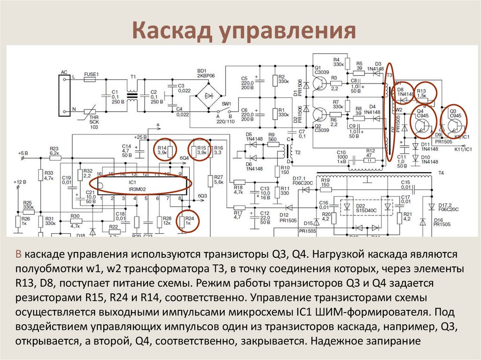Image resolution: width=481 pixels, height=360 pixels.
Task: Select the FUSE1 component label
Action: (x=91, y=74)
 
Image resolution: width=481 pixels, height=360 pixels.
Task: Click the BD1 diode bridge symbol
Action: (x=206, y=94)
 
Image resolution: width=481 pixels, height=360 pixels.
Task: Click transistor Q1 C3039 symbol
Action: (x=320, y=83)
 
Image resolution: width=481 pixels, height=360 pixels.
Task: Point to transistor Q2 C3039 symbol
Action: (x=320, y=115)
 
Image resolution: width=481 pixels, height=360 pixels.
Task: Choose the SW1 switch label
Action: (x=227, y=103)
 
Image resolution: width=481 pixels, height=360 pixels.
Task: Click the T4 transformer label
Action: (x=441, y=173)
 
